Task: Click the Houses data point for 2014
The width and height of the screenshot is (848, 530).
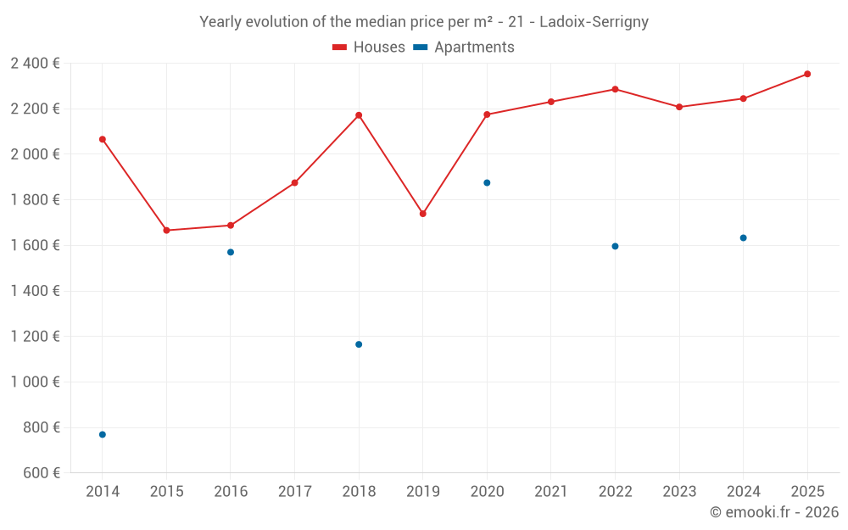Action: tap(103, 139)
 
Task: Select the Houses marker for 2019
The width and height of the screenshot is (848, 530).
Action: tap(423, 214)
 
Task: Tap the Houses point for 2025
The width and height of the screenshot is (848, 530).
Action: tap(807, 74)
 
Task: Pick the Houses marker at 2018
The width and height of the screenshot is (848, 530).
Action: tap(359, 115)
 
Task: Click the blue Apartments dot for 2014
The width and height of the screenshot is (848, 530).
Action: tap(103, 434)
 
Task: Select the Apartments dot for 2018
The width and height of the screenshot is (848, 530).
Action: tap(359, 344)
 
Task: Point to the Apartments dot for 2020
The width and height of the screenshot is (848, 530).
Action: tap(487, 182)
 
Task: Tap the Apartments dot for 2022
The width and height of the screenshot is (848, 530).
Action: tap(615, 246)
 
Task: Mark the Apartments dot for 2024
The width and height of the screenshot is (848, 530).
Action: tap(743, 237)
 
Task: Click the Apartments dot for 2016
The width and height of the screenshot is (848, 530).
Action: tap(231, 252)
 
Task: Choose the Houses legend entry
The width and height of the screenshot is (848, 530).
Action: tap(369, 47)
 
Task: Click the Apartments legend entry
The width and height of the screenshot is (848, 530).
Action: tap(464, 47)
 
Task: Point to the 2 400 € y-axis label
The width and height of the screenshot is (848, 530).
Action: tap(35, 63)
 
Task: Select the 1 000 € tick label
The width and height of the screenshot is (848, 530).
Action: tap(35, 382)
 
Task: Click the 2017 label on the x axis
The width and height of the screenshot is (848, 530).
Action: tap(294, 492)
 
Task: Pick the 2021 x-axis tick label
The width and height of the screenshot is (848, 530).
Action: tap(551, 492)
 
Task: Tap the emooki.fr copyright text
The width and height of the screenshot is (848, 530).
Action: tap(774, 512)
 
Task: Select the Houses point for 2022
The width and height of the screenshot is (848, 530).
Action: tap(615, 89)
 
